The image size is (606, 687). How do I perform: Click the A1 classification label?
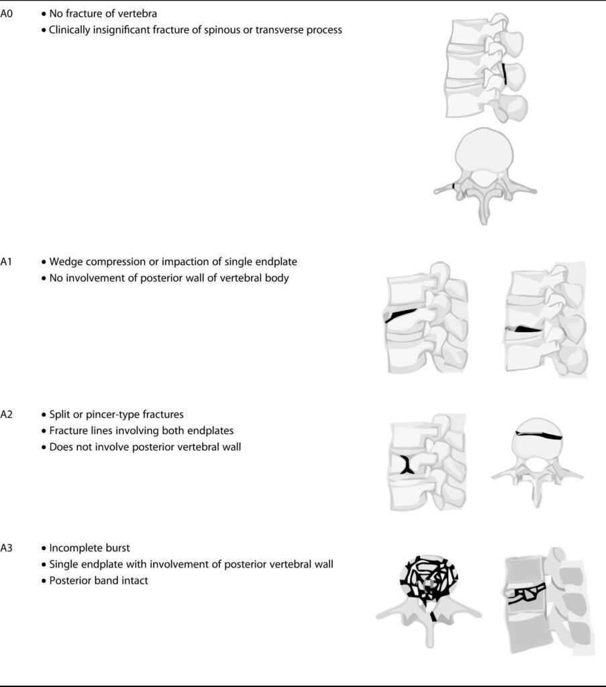(7, 262)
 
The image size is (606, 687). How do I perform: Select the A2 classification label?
(7, 415)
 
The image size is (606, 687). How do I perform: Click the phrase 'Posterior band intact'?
(99, 580)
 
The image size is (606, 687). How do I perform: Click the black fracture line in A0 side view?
(505, 74)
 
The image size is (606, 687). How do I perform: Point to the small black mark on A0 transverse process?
(454, 185)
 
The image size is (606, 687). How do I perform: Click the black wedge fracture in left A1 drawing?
(401, 314)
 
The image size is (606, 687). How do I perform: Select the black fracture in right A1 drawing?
(524, 329)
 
